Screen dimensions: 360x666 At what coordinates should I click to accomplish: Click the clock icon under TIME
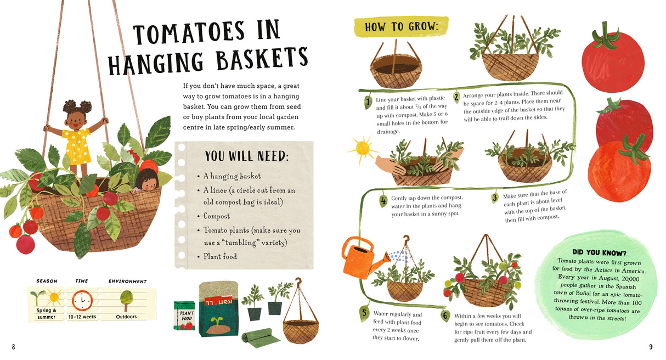82,300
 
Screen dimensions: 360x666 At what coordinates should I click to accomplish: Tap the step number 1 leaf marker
368,102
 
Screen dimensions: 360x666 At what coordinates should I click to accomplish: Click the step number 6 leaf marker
445,316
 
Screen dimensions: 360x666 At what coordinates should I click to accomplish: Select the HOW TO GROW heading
401,27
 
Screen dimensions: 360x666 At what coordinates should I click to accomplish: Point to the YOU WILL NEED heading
246,156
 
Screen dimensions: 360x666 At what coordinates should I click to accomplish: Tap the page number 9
651,346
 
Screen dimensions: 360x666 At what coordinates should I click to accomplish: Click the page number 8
14,346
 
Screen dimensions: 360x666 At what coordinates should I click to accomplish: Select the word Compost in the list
217,216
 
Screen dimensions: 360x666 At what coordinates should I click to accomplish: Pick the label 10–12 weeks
82,317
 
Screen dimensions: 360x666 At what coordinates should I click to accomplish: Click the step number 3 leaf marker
494,198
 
